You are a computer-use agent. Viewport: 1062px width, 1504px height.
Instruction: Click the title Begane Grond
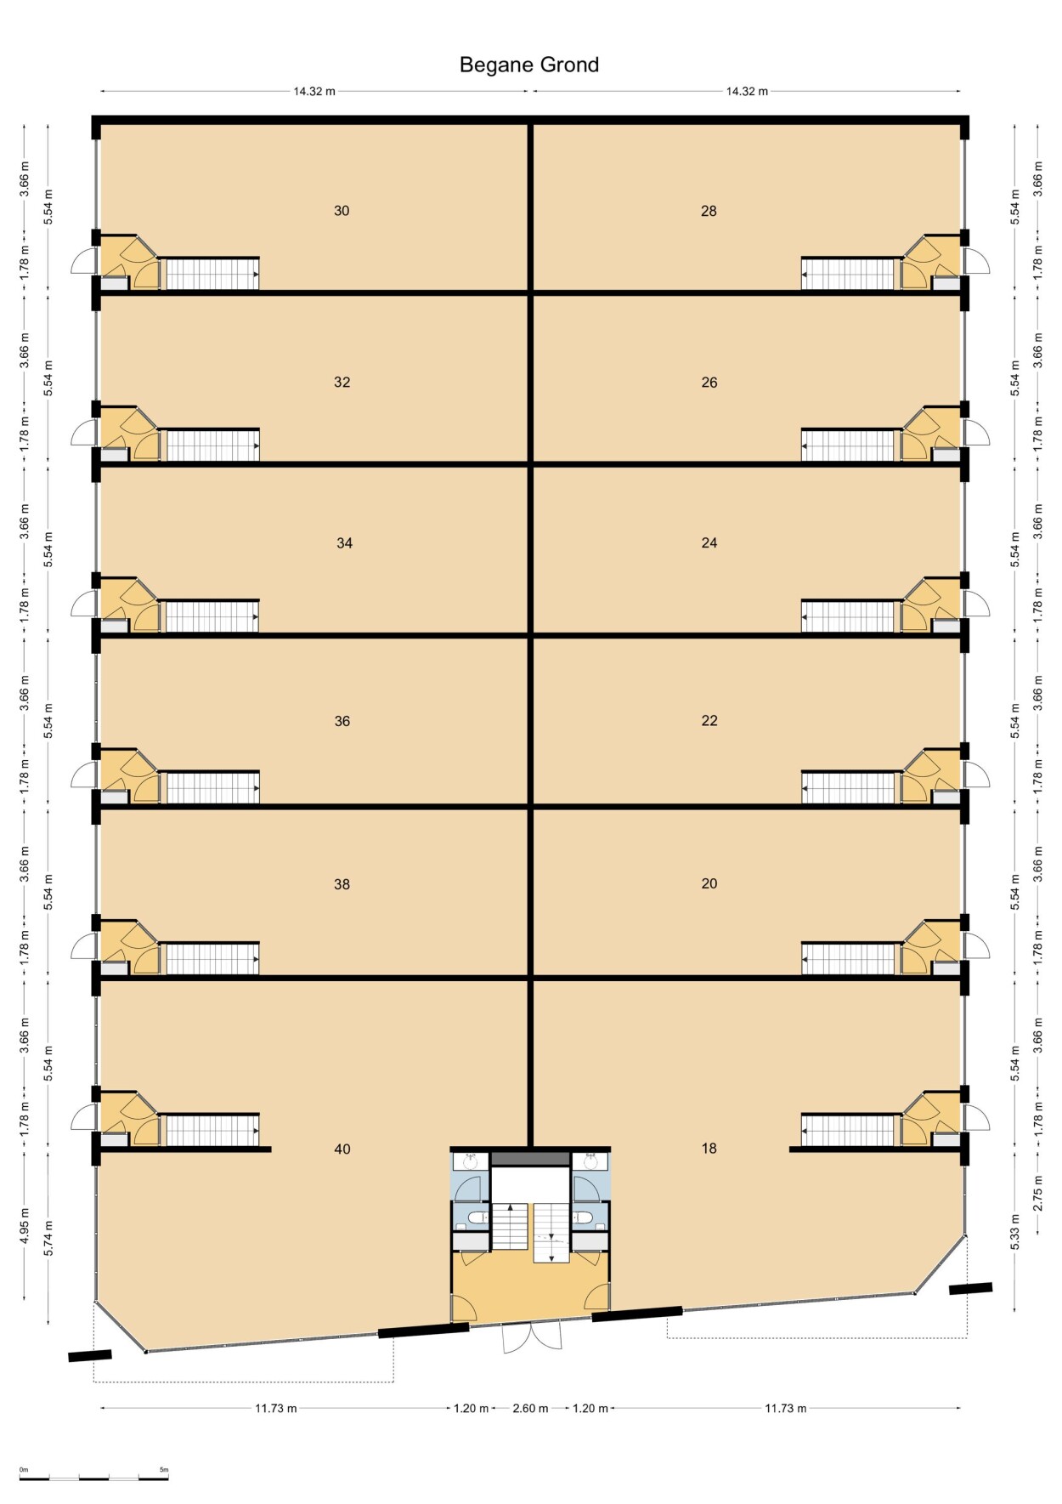pos(529,65)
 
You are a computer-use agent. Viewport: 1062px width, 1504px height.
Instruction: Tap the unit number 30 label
pos(342,211)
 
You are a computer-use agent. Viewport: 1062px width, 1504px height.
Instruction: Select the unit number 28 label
pos(709,211)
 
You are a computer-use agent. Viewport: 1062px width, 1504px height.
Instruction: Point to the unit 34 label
pos(344,543)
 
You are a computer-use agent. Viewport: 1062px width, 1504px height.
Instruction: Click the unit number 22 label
pos(709,721)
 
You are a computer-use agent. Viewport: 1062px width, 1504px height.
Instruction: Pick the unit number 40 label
pos(342,1149)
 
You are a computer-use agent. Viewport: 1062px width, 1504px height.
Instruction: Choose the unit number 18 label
pos(709,1149)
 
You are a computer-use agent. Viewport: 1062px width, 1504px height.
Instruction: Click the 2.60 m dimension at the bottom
pos(530,1409)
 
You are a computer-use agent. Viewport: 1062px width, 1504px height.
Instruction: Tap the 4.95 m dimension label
pos(25,1225)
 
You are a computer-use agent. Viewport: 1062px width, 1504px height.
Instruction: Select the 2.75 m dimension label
pos(1037,1194)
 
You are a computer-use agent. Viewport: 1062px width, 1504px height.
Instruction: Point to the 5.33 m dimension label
pos(1014,1232)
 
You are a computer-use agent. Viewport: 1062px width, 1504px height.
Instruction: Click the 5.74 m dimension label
pos(48,1238)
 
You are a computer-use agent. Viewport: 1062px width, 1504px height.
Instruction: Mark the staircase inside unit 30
pos(210,274)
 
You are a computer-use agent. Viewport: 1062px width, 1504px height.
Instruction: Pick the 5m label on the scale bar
pos(164,1470)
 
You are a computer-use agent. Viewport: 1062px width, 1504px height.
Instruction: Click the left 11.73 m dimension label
pos(276,1409)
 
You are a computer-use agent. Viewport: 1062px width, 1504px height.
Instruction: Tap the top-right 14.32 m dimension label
pos(747,92)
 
